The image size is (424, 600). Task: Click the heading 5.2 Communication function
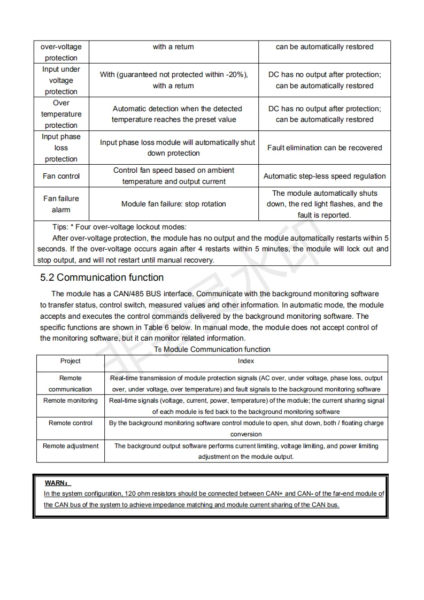(102, 278)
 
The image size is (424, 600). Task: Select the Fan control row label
(61, 176)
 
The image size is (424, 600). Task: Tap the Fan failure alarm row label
(61, 204)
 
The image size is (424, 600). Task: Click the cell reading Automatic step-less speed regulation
(325, 176)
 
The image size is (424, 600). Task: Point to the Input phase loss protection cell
(61, 148)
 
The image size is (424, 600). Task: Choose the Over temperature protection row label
(61, 114)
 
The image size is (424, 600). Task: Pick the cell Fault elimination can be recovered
(325, 148)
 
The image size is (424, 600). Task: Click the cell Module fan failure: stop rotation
(173, 204)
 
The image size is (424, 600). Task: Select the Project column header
(71, 361)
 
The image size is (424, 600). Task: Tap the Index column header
(246, 361)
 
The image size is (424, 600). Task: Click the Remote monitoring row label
(71, 401)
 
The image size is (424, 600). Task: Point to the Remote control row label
(71, 423)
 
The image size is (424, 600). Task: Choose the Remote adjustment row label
(71, 446)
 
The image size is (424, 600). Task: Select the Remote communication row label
(71, 383)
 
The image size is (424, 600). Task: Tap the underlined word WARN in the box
(55, 483)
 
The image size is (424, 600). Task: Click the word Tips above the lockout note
(60, 227)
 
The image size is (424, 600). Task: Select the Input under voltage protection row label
(61, 80)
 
